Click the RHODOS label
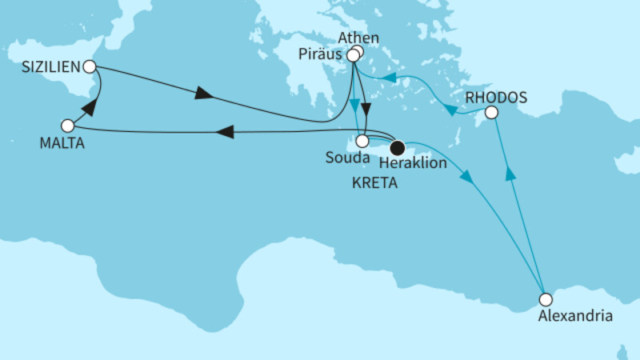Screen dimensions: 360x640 point(495,98)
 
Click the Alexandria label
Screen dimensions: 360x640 point(575,317)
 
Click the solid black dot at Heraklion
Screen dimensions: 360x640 point(396,146)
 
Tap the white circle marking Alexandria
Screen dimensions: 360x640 point(546,300)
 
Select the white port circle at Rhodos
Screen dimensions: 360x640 point(492,113)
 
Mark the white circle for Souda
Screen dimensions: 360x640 point(362,141)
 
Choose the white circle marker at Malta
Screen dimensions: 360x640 point(68,126)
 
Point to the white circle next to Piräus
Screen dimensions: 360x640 point(352,56)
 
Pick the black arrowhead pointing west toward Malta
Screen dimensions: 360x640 point(227,131)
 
